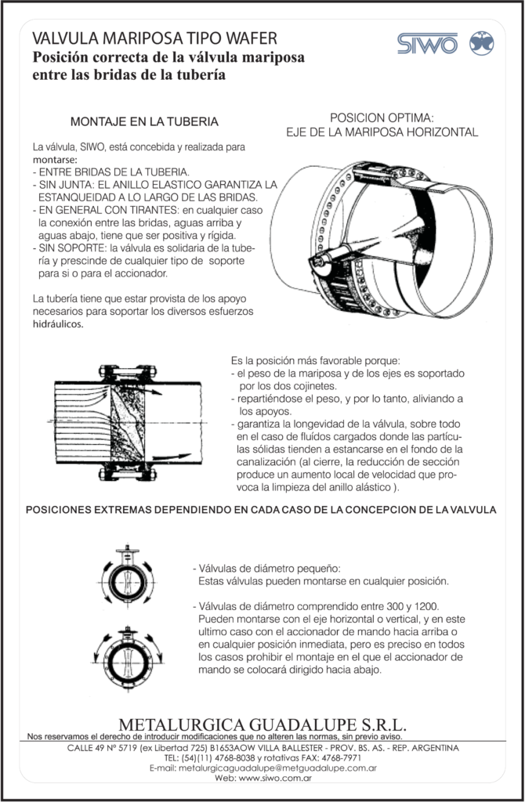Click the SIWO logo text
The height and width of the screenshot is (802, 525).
point(426,43)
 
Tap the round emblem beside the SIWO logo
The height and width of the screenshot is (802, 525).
point(480,43)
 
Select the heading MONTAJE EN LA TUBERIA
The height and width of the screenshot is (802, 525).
point(144,122)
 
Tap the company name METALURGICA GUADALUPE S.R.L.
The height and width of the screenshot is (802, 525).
point(262,723)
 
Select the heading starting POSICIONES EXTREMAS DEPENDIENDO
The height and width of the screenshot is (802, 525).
point(262,510)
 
